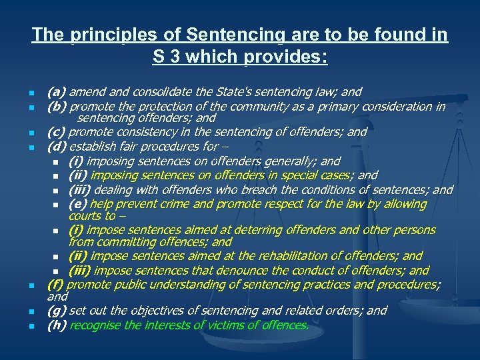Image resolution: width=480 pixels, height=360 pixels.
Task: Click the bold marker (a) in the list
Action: pos(57,92)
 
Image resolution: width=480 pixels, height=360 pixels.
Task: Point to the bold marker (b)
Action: pos(57,107)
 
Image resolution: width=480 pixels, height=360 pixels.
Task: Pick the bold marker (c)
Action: pos(57,132)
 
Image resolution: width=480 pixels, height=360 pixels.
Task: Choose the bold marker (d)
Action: pos(57,147)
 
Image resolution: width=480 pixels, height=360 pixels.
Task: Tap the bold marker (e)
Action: pos(77,204)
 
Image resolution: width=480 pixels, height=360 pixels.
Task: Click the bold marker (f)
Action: pos(56,285)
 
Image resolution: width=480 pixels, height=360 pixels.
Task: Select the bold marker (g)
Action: pos(57,311)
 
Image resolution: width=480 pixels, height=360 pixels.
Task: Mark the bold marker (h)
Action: pos(57,326)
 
